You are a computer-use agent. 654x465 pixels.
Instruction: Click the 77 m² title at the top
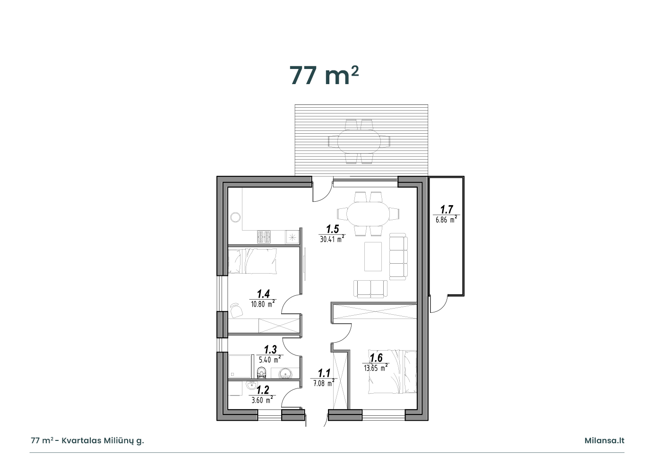324,75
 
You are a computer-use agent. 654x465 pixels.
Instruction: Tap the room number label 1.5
332,229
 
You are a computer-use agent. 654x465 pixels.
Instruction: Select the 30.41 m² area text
332,239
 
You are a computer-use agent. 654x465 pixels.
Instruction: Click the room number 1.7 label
447,209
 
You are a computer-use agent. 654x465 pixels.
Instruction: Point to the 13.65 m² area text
376,368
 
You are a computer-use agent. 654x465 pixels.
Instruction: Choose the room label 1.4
263,293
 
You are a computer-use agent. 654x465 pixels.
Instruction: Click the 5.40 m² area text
270,359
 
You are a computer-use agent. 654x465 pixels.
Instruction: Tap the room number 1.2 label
263,390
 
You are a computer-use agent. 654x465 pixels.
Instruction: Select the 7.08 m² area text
324,383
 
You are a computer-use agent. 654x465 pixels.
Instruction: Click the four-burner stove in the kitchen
264,237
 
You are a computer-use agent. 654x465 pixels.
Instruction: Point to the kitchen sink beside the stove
292,237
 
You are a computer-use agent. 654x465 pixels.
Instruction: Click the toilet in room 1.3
262,373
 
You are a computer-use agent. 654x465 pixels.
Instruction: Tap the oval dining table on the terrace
359,142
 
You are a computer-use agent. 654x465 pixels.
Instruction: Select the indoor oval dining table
368,214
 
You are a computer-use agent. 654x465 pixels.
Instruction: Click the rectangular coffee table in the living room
373,256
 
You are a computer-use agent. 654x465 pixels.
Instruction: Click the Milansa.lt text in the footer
604,440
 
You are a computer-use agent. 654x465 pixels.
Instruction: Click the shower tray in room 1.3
240,367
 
